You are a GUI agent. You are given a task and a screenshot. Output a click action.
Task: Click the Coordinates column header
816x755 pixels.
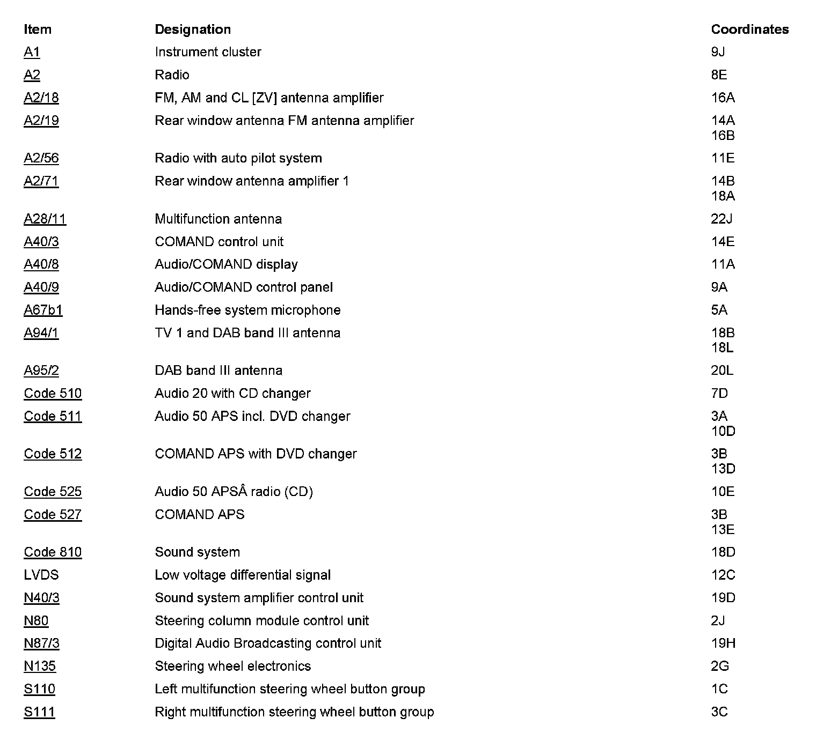(749, 29)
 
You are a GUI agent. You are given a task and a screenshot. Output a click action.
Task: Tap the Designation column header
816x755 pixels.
(193, 29)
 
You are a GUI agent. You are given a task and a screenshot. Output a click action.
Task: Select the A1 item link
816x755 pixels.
(32, 52)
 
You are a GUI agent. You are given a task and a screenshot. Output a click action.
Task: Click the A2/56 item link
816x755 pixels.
(41, 158)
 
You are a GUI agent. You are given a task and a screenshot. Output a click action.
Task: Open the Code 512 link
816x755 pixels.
(53, 454)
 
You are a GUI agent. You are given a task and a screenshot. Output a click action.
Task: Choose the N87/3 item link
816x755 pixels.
(41, 643)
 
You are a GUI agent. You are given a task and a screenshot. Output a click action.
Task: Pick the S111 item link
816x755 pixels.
(39, 712)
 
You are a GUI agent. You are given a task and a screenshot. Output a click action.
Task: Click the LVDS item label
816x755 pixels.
(41, 575)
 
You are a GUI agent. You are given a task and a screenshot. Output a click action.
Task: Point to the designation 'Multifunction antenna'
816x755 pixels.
(218, 219)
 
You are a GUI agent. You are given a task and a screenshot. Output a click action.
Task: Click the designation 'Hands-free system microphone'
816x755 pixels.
(247, 310)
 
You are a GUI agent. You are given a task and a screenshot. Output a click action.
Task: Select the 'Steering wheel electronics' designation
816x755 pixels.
(232, 667)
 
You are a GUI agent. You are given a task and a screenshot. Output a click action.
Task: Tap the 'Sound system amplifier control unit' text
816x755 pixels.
(259, 598)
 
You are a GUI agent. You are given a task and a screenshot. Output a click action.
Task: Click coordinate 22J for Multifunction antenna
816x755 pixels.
(722, 219)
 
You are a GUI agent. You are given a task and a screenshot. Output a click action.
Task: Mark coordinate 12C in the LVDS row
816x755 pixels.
(723, 575)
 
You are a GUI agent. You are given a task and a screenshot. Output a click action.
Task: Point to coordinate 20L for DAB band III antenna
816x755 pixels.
(722, 371)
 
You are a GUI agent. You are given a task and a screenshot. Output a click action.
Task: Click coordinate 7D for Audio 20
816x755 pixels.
(719, 394)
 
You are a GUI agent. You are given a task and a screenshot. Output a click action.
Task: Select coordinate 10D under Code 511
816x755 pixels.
(723, 432)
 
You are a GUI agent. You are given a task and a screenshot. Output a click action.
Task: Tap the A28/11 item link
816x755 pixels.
(45, 219)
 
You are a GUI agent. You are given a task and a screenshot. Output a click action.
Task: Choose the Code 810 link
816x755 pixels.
(53, 552)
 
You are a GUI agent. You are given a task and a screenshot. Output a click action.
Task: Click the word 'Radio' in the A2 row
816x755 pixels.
(172, 75)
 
